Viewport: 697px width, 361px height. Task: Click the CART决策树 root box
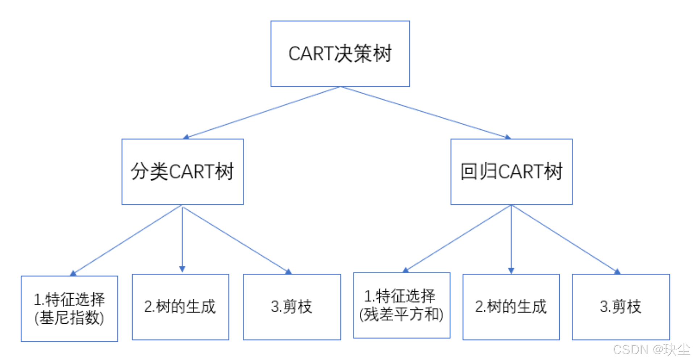[x=340, y=54]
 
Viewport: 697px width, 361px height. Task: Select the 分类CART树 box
[x=182, y=171]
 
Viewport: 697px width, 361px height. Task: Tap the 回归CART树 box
[x=511, y=171]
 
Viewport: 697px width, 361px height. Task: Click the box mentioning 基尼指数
[x=69, y=308]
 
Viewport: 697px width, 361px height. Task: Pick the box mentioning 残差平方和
[x=401, y=305]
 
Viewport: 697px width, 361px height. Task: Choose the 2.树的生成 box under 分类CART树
[x=180, y=307]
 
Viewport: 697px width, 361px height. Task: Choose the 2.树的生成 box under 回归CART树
[x=511, y=307]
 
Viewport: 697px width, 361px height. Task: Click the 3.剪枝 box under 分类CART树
[x=292, y=307]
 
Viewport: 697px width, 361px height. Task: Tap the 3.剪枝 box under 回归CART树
[x=621, y=307]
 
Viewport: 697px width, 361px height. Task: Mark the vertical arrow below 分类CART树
[x=182, y=239]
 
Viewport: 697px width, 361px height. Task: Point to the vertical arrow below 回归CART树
[x=511, y=239]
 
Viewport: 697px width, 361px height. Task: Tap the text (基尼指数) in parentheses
[x=69, y=318]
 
